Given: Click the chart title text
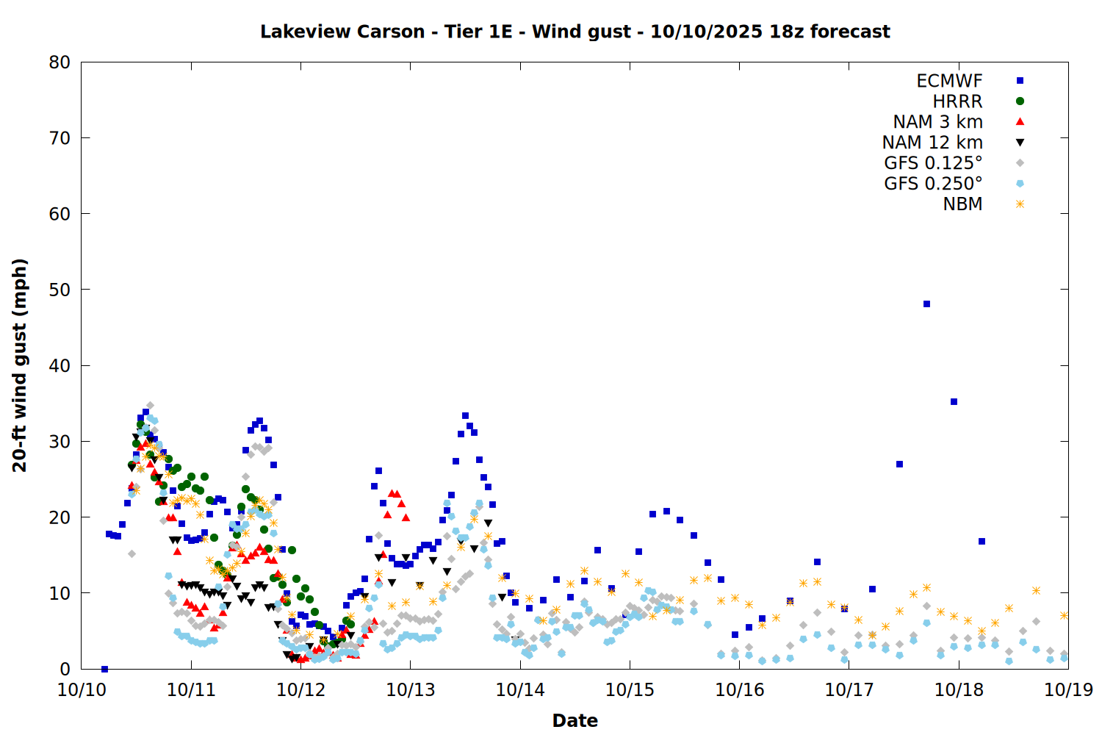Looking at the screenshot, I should (x=575, y=32).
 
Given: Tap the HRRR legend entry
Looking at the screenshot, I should (x=957, y=101).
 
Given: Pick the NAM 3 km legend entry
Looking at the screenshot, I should (x=937, y=122).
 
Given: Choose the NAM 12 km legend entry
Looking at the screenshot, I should (x=932, y=143).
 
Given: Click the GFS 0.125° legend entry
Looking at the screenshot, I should (x=933, y=163).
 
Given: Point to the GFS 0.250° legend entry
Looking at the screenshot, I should (x=933, y=184).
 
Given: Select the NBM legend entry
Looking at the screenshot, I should (x=962, y=204).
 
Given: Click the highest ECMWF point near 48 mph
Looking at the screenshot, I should (x=926, y=304).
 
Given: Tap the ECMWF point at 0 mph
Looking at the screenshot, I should (x=104, y=669).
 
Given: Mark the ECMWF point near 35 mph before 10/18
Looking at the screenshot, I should (x=954, y=401).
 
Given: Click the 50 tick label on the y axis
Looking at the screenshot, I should (x=60, y=290).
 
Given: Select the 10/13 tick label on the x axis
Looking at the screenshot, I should (x=410, y=689).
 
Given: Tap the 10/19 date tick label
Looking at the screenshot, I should (x=1068, y=689).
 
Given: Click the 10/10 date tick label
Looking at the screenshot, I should (x=82, y=689).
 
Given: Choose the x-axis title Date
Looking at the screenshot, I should (x=575, y=720).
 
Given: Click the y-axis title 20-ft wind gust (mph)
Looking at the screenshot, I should (x=20, y=365).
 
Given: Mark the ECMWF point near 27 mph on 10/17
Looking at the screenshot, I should (x=899, y=464).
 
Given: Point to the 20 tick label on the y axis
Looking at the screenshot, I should (x=60, y=517).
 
